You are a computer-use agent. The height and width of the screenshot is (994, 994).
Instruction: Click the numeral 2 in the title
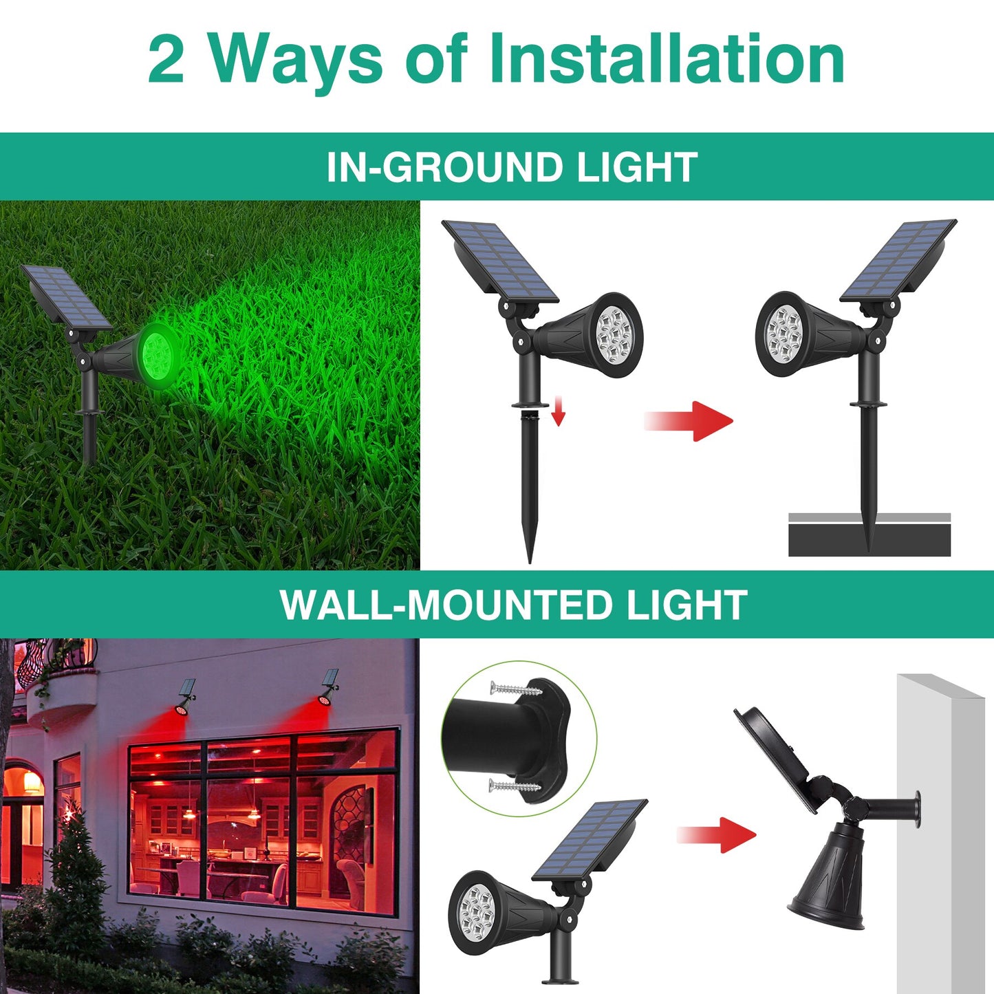[x=166, y=61]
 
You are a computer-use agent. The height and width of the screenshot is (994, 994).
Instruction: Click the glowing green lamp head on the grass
[x=157, y=356]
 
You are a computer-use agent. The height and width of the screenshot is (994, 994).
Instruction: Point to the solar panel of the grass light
[x=66, y=297]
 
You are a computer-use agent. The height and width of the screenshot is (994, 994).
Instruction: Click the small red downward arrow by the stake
[x=558, y=413]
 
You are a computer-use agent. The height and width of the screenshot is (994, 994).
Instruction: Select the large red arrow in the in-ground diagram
[x=690, y=420]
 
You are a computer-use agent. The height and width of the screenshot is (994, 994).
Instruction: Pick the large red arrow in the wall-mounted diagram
[x=717, y=835]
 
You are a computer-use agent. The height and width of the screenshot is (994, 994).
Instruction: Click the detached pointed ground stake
[x=530, y=482]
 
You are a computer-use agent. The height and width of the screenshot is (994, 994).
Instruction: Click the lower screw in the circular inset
[x=512, y=786]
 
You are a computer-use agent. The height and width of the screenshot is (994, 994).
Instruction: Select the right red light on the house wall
[x=325, y=698]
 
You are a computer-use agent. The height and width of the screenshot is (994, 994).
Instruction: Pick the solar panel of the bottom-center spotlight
[x=590, y=839]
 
